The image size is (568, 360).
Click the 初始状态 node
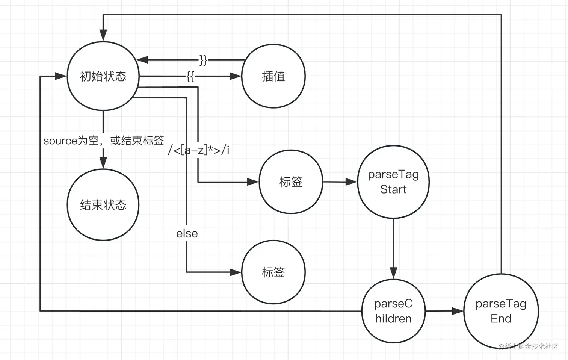click(x=103, y=76)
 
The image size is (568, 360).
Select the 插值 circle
click(x=273, y=76)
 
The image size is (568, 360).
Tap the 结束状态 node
click(x=103, y=205)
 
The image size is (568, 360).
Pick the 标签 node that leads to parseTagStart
click(x=291, y=182)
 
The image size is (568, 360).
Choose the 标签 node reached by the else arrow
click(x=273, y=272)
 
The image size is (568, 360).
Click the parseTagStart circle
click(x=393, y=182)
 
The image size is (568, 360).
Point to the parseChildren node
click(x=393, y=311)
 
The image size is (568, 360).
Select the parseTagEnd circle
click(x=501, y=311)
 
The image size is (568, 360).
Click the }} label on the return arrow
click(x=203, y=60)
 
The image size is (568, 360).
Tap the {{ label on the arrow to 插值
click(x=190, y=76)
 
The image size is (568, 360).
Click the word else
click(x=187, y=234)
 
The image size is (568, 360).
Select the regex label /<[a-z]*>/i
click(x=198, y=150)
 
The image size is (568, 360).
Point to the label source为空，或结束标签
click(x=104, y=141)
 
